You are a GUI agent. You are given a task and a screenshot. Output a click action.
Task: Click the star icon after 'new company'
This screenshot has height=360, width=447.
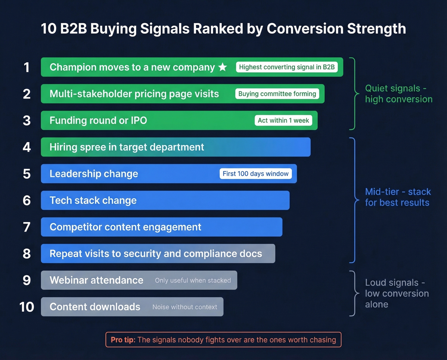coord(223,67)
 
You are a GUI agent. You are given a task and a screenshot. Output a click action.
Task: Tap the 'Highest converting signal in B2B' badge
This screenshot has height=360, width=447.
coord(287,67)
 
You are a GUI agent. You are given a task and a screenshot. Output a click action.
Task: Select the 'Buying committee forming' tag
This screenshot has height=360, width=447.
coord(277,94)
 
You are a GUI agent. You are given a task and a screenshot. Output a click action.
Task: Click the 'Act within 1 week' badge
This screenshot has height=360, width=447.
coord(283,120)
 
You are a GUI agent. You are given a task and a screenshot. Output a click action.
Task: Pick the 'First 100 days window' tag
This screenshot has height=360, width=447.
coord(255,174)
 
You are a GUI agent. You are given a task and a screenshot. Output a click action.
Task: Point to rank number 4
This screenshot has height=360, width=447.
coord(27,147)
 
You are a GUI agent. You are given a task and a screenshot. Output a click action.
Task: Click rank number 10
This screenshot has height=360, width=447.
coord(27,307)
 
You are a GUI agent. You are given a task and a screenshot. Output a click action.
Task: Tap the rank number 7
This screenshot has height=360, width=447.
coord(27,227)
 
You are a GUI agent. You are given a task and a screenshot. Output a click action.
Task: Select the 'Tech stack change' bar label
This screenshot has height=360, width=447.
coord(93,200)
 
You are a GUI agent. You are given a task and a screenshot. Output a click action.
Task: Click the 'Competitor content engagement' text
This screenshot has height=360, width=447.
coord(125,227)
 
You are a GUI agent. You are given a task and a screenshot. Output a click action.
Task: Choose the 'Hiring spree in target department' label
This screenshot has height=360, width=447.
coord(126,147)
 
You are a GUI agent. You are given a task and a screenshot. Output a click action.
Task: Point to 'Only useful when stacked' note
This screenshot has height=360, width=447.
coord(193,280)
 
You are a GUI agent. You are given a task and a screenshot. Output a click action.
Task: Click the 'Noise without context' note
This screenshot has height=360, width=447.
coord(185,307)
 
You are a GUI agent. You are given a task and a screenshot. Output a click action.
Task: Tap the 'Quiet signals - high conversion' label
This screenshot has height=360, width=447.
coord(398,94)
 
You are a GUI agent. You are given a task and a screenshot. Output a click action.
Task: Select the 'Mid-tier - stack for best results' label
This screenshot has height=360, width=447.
coord(398,197)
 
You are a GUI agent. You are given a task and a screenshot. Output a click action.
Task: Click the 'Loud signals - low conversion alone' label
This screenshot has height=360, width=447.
coord(397,293)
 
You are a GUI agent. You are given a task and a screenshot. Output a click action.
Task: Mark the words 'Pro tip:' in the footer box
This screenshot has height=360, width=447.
coord(123,340)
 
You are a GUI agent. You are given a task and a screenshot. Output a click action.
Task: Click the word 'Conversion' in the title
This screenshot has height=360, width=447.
coord(305,29)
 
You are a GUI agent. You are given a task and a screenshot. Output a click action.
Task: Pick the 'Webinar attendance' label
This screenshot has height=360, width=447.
coord(96,280)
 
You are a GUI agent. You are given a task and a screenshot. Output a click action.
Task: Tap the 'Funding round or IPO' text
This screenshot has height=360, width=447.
coord(98,120)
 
